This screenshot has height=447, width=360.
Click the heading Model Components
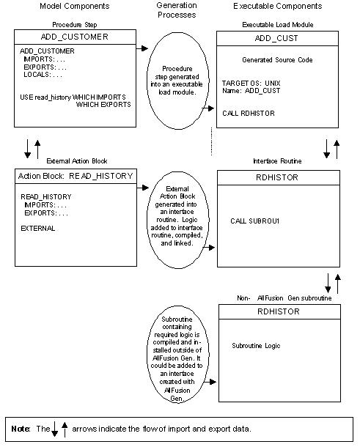click(61, 6)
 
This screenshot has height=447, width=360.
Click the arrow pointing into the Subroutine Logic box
click(211, 382)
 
